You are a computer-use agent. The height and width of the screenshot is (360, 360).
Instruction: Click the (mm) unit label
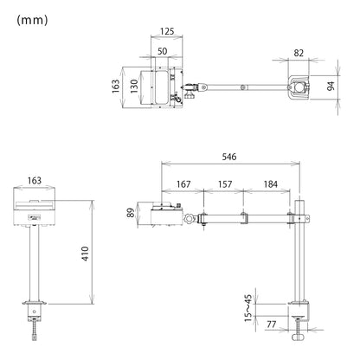point(32,20)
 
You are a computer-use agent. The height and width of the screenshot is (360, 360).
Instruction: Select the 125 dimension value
point(167,31)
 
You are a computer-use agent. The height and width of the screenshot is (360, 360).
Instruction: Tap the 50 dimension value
point(162,51)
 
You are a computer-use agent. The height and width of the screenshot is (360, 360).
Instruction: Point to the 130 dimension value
point(134,87)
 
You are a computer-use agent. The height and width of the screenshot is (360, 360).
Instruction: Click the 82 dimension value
point(299,53)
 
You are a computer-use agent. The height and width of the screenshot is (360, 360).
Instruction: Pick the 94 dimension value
point(331,86)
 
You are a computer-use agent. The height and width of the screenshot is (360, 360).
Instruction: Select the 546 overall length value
point(229,157)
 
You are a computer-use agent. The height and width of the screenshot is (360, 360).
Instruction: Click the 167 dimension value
point(183,184)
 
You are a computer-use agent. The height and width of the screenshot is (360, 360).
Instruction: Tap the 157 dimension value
point(225,184)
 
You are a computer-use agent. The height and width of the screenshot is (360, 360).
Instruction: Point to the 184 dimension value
point(270,184)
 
